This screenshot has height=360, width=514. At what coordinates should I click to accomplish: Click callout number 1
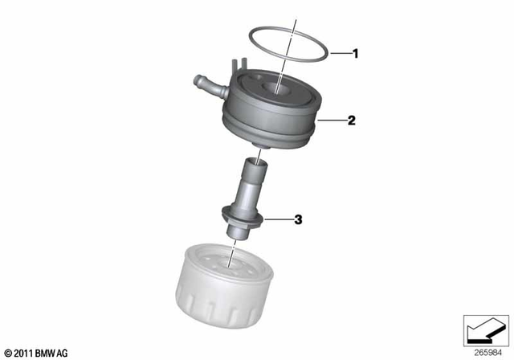tap(355, 54)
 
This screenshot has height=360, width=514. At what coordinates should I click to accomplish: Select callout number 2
tap(351, 121)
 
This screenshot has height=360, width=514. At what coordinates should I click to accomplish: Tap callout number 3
tap(297, 219)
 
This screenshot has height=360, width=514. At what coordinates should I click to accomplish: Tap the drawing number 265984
tap(487, 351)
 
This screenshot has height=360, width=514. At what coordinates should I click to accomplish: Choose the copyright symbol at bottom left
tap(8, 353)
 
